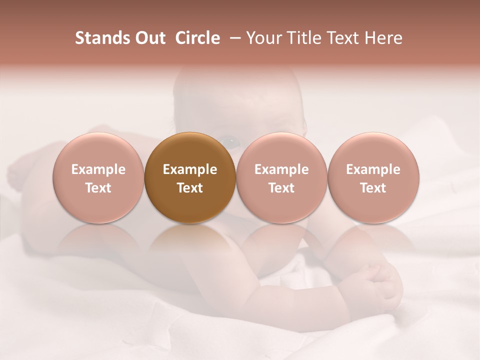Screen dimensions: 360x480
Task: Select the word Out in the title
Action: tap(149, 38)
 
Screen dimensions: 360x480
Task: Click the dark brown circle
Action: tap(190, 177)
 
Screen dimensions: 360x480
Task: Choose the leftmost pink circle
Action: tap(98, 177)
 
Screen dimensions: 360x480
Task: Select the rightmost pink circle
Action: tap(373, 177)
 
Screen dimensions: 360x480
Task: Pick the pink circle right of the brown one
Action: tap(281, 177)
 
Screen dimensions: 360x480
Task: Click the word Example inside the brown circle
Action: tap(190, 169)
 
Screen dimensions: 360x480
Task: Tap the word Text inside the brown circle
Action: tap(190, 188)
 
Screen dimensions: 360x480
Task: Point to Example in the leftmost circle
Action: tap(98, 169)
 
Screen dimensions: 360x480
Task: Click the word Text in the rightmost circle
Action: tap(373, 188)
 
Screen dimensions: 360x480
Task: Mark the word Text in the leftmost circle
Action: tap(98, 188)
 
